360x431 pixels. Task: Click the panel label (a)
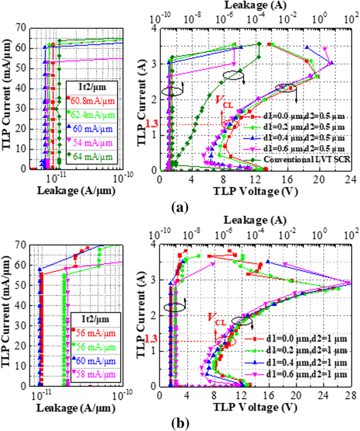[179, 207]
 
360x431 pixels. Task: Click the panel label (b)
[179, 423]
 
